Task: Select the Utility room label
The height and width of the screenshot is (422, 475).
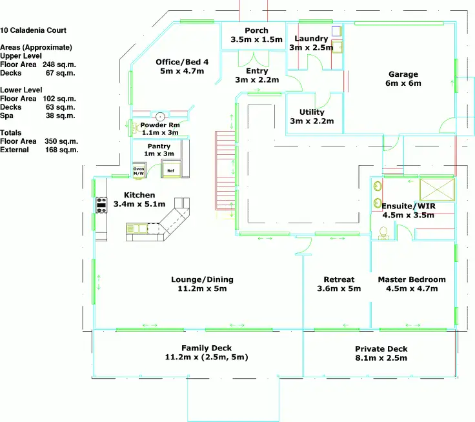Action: point(312,112)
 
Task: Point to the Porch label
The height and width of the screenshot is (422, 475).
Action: point(256,31)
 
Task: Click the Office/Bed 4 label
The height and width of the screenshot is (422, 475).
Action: point(182,63)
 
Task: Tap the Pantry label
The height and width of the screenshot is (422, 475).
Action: point(158,146)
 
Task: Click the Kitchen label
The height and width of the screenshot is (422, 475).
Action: point(139,195)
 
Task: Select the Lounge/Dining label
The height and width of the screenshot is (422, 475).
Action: point(202,279)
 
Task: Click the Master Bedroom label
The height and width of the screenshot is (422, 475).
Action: point(412,279)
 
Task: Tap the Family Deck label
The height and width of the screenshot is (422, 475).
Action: point(207,348)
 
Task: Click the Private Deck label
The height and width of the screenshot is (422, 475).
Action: point(381,349)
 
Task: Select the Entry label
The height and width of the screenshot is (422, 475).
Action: point(257,71)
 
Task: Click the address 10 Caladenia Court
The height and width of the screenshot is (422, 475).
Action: point(34,30)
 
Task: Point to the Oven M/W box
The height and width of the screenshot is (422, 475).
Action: point(139,170)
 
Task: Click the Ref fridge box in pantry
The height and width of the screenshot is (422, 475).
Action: point(170,170)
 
